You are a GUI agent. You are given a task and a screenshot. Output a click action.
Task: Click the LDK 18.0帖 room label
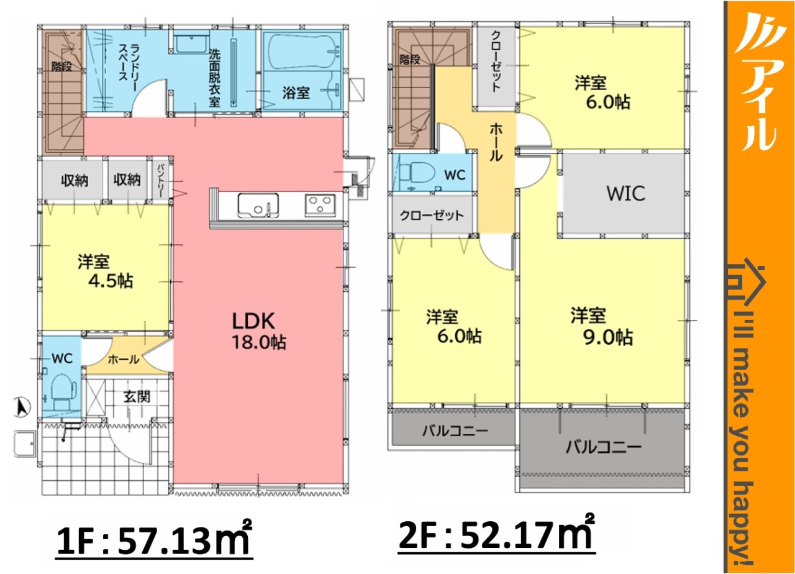(x=259, y=331)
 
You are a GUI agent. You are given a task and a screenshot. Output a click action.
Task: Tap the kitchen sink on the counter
(x=258, y=206)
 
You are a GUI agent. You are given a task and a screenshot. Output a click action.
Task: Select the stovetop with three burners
(x=320, y=205)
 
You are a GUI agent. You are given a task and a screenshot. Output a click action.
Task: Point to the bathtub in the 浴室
(x=302, y=51)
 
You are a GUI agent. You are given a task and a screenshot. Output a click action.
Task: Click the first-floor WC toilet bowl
(x=64, y=392)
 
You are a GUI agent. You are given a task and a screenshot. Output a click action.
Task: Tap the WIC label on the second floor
(x=625, y=194)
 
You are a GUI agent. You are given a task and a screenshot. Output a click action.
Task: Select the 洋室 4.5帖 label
(x=106, y=271)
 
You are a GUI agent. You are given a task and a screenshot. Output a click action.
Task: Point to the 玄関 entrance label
(x=137, y=397)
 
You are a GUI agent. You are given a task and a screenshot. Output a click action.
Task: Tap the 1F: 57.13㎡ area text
(x=155, y=540)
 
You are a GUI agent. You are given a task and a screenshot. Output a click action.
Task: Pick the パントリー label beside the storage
(x=161, y=181)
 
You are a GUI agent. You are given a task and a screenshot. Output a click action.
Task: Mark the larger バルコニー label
(x=604, y=447)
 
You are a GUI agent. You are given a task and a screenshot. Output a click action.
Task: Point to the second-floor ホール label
(x=496, y=143)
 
